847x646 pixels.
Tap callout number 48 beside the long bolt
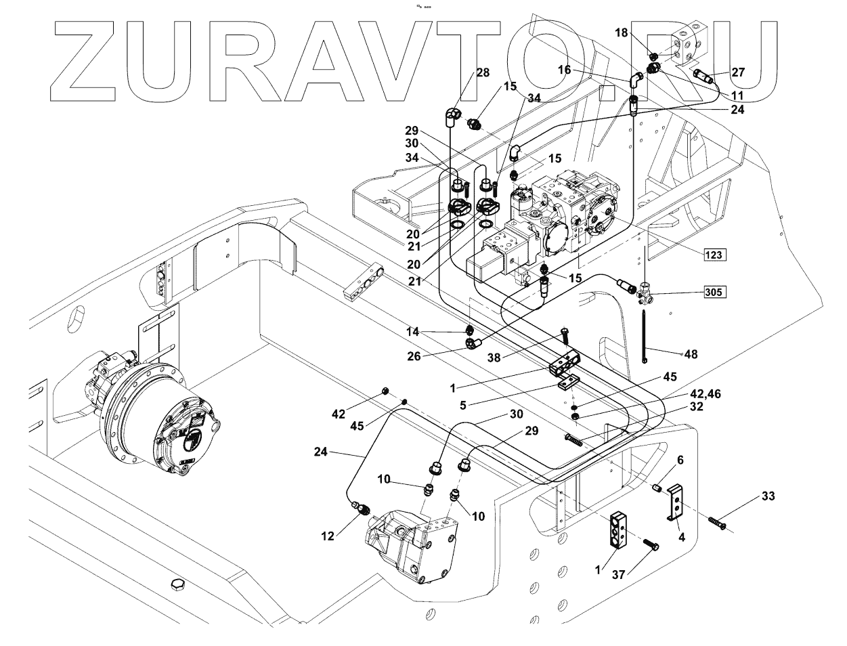[x=691, y=353]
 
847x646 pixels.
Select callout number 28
[x=482, y=73]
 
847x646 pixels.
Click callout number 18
[x=622, y=33]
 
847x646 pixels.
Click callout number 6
[x=680, y=460]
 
